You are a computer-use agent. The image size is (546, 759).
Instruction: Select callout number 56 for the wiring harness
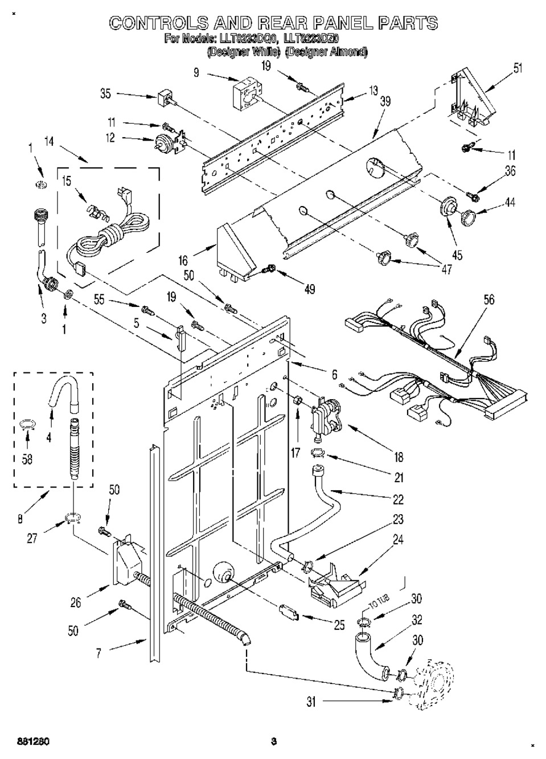488,300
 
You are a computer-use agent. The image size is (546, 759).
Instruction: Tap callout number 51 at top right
517,69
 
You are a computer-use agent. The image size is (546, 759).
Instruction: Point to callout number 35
105,93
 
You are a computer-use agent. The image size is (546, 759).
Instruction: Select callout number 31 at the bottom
311,702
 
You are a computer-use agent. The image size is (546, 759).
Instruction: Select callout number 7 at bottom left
98,653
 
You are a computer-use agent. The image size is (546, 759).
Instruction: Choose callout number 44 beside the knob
510,203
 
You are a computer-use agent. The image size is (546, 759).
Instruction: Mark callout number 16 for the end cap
183,261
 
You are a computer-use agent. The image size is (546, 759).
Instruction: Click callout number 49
310,289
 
